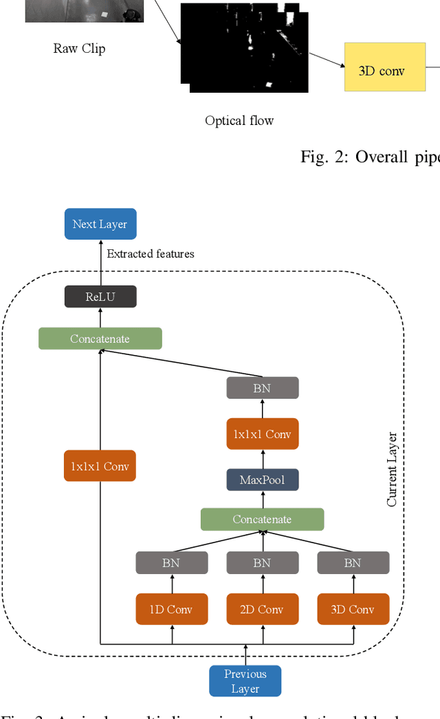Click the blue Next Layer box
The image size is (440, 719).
click(x=100, y=224)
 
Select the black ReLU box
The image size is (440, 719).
click(x=100, y=297)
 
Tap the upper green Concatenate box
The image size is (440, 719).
click(x=100, y=339)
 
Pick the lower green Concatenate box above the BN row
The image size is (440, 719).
click(x=262, y=519)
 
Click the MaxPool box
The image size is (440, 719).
click(x=262, y=479)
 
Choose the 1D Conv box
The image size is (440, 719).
click(x=172, y=609)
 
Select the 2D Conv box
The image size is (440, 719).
click(x=262, y=609)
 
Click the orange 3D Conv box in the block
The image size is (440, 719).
click(x=353, y=609)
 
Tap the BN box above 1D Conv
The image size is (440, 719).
click(x=172, y=563)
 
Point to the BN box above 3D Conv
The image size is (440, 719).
click(x=353, y=563)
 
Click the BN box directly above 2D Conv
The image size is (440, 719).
click(x=262, y=563)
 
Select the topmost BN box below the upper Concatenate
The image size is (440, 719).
click(x=262, y=388)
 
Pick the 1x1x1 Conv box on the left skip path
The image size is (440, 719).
click(x=100, y=466)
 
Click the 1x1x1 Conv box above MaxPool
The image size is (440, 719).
click(x=262, y=434)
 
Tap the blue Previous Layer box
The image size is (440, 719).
click(x=245, y=681)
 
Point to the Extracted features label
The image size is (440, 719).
click(x=151, y=254)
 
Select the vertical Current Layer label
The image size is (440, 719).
click(x=392, y=469)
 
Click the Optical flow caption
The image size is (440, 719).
click(x=239, y=121)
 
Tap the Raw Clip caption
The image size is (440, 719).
click(x=79, y=49)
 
